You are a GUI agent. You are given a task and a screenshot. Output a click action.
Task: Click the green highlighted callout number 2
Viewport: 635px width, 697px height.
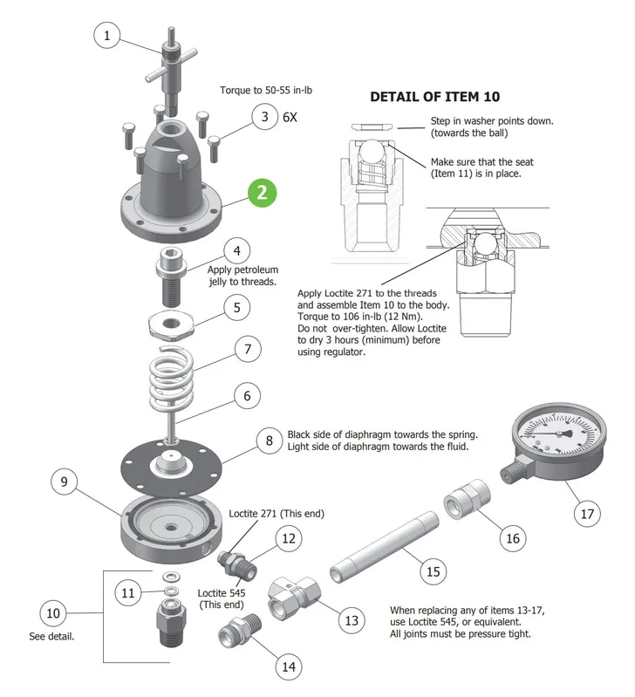(x=263, y=193)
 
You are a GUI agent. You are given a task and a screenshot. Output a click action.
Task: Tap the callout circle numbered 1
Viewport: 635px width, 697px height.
(x=106, y=35)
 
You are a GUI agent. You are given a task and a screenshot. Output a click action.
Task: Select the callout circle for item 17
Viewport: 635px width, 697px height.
(x=587, y=514)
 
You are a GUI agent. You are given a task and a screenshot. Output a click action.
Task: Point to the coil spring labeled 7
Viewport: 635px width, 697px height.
(x=171, y=378)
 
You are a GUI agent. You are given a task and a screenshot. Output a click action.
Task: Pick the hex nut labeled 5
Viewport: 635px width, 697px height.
(x=171, y=324)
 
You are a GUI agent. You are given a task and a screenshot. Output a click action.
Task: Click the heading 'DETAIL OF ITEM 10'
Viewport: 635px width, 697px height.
(x=434, y=97)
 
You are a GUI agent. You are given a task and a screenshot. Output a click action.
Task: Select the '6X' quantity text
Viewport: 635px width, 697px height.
(x=290, y=117)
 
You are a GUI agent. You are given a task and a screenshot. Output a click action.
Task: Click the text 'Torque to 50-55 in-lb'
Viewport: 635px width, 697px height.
(x=266, y=90)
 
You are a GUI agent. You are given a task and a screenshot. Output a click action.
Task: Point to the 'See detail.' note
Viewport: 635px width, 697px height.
(x=51, y=636)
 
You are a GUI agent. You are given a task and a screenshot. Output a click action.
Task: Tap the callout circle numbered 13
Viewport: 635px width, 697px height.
(x=352, y=620)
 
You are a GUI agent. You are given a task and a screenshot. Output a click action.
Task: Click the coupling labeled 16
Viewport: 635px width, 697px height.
(x=467, y=498)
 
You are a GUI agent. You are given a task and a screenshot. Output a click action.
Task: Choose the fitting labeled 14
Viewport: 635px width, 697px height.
(x=239, y=631)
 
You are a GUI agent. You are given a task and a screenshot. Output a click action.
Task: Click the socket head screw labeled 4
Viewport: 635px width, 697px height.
(x=171, y=277)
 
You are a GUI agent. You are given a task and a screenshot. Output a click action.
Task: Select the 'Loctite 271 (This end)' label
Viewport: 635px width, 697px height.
(x=277, y=514)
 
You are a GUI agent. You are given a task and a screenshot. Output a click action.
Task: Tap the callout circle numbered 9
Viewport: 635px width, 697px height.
(x=64, y=482)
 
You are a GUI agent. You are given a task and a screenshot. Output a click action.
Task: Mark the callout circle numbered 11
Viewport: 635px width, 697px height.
(x=127, y=592)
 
